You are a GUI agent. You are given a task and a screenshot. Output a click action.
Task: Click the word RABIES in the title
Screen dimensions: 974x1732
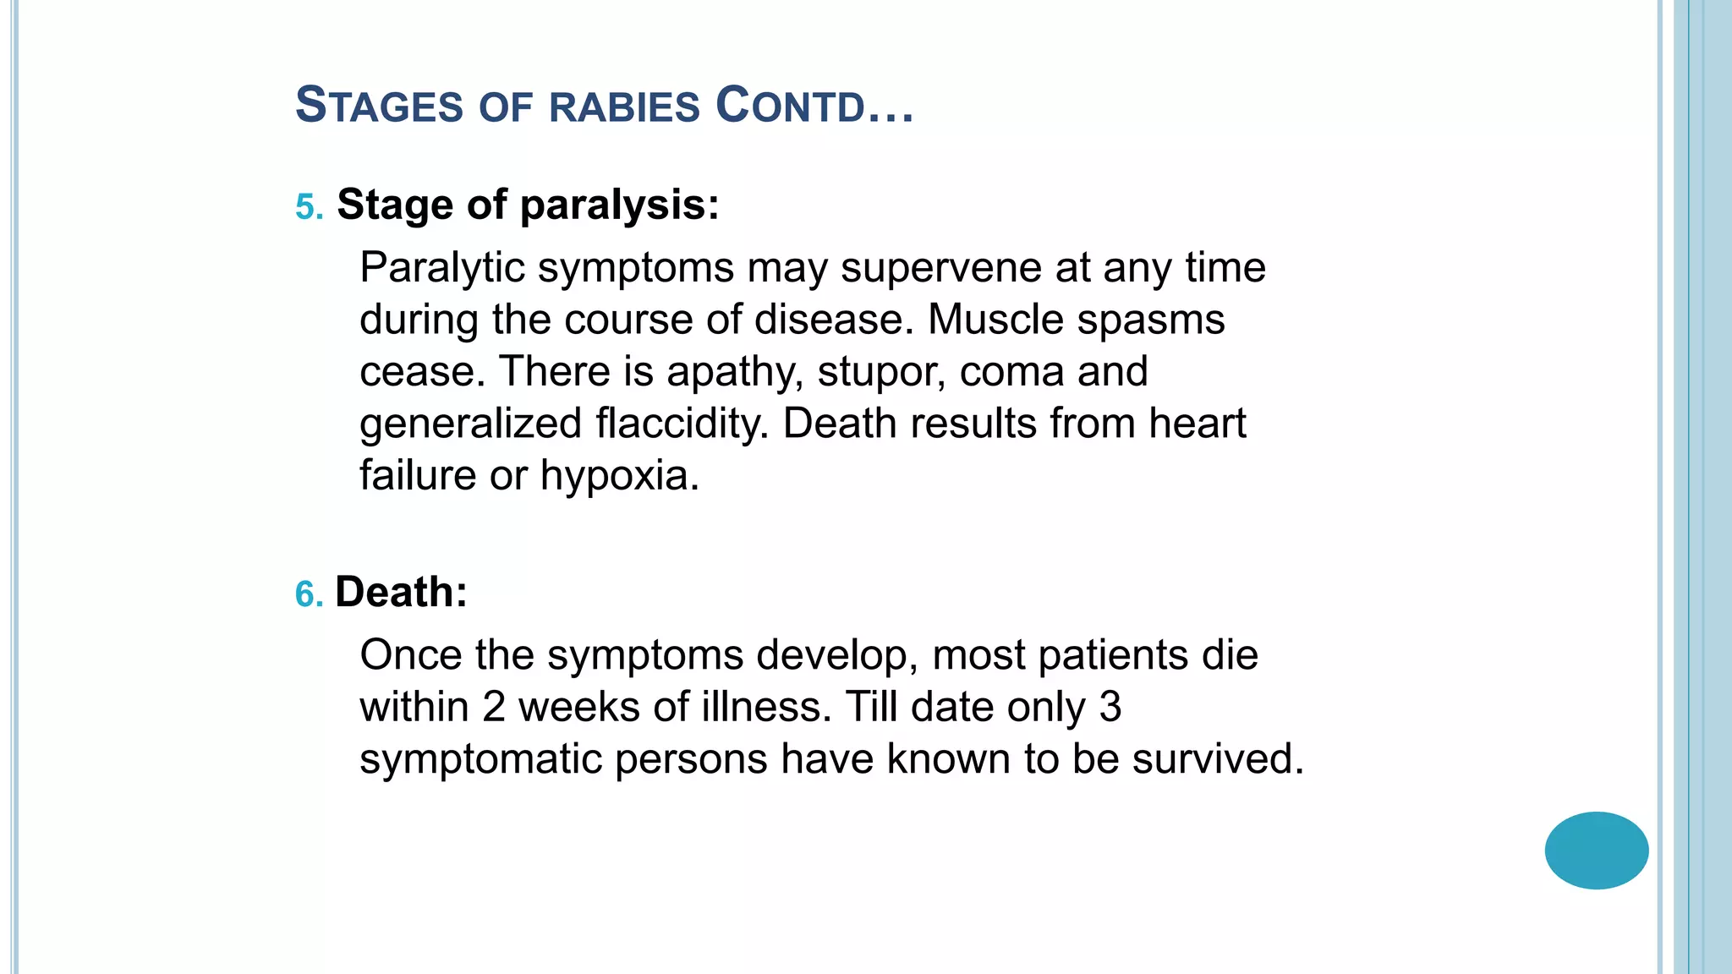pyautogui.click(x=624, y=107)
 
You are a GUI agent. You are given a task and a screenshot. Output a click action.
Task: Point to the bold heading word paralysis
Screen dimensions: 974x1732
pyautogui.click(x=619, y=205)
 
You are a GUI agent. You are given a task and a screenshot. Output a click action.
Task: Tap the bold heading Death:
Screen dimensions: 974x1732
pyautogui.click(x=401, y=592)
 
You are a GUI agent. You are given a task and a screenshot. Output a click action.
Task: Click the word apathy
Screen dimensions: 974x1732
pyautogui.click(x=734, y=373)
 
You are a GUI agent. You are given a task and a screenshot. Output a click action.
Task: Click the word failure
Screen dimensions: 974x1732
pyautogui.click(x=418, y=475)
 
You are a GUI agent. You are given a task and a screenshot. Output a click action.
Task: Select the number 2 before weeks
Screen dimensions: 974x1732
pyautogui.click(x=494, y=707)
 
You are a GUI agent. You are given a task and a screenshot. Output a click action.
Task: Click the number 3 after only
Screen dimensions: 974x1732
pyautogui.click(x=1110, y=707)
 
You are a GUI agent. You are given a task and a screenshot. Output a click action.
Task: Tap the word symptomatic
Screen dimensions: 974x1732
pyautogui.click(x=480, y=759)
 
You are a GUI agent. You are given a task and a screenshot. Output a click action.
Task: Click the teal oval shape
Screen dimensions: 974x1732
pyautogui.click(x=1596, y=851)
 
